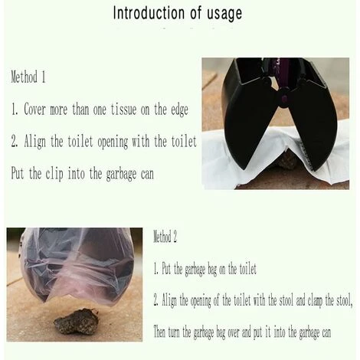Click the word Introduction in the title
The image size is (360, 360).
coord(149,13)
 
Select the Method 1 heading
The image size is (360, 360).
coord(28,77)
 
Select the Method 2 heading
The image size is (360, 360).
coord(165,237)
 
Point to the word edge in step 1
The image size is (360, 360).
coord(179,110)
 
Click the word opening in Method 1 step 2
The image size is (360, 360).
coord(113,142)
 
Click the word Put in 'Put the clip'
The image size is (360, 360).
coord(18,173)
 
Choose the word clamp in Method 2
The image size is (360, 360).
coord(315,301)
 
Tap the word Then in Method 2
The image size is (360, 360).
coord(159,332)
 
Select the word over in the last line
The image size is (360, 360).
coord(233,332)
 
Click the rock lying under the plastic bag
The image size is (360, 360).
coord(77,322)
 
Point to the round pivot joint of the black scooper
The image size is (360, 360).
coord(284,99)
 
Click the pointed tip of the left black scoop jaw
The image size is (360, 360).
coord(243,169)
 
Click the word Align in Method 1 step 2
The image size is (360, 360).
coord(35,142)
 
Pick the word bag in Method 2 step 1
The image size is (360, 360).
coord(212,270)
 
